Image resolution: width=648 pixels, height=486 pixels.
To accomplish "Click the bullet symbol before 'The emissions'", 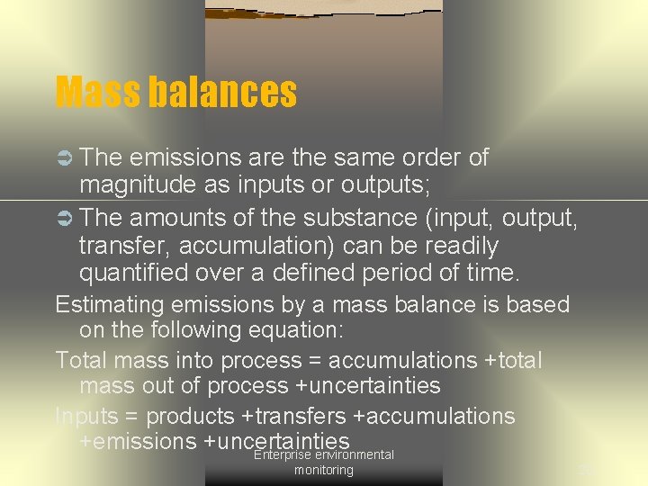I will click(x=64, y=158).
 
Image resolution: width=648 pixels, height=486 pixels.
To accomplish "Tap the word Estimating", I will click(x=111, y=305).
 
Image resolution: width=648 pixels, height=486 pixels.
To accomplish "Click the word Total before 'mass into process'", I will click(x=81, y=361).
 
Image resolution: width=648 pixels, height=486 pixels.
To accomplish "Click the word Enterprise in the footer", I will click(x=283, y=455).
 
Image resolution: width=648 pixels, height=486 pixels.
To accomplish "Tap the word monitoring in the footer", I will click(x=324, y=471).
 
